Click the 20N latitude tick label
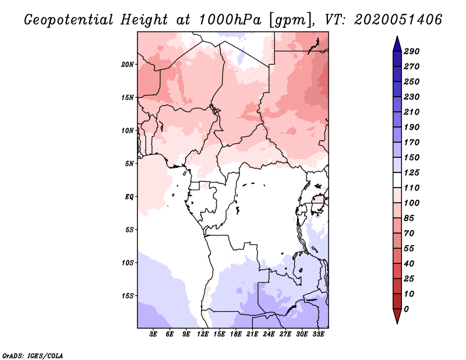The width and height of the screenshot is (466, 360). click(128, 64)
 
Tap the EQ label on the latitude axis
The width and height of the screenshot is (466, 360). click(129, 196)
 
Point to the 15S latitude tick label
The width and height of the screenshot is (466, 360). click(128, 295)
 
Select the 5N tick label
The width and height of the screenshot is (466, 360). click(130, 164)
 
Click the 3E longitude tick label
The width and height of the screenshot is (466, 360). click(154, 334)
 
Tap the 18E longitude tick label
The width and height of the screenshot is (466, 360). click(236, 334)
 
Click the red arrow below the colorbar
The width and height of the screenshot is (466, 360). click(397, 316)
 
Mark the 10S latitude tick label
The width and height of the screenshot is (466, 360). click(128, 263)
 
